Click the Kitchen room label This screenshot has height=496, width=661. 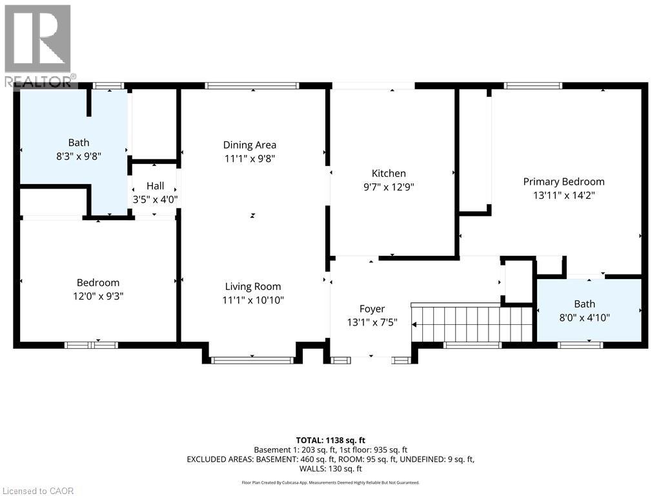click(389, 173)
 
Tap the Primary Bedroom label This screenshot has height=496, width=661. click(564, 181)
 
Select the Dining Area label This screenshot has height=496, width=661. click(250, 145)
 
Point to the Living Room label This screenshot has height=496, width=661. click(253, 287)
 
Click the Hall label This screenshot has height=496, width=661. click(155, 186)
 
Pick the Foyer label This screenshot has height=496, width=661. click(372, 309)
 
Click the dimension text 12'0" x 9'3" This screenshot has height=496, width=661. click(98, 296)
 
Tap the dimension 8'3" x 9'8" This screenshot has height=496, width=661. click(79, 156)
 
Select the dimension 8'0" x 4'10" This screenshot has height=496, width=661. click(584, 317)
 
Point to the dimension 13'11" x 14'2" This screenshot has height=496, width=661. click(564, 195)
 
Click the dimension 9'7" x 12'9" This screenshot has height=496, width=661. click(389, 187)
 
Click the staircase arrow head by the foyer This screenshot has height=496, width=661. click(414, 325)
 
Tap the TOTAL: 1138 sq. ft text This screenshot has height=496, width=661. click(330, 440)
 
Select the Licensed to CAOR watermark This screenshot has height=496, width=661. click(37, 491)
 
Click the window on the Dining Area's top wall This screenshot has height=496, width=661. click(252, 86)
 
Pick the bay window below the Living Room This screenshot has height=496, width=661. click(252, 360)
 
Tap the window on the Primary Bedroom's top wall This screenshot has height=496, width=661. click(533, 86)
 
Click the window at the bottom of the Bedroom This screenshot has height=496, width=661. click(92, 345)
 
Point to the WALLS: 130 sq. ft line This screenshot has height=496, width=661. click(330, 469)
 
